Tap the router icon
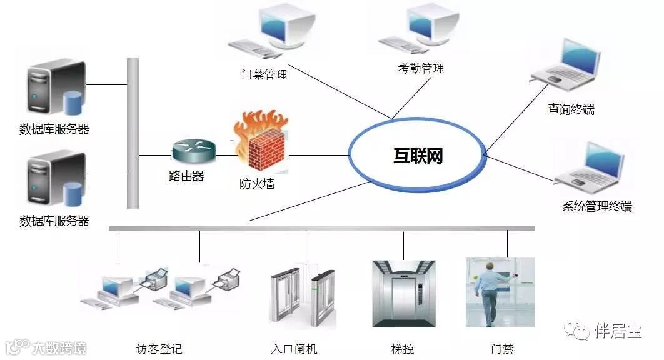coord(193,151)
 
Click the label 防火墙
coord(256,184)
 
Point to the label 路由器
coord(186,176)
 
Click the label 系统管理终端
coord(597,207)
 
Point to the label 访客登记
coord(159,349)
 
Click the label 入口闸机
coord(294,349)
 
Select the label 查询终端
coord(571,110)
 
